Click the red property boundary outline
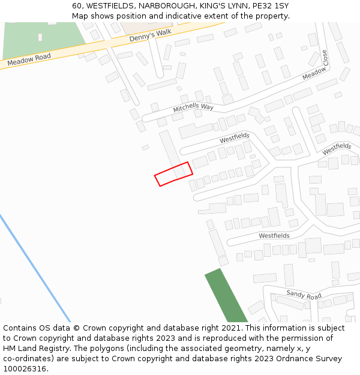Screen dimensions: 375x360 [173, 173]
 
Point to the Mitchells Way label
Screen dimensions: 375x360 [193, 107]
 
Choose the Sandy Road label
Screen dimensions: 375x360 [304, 295]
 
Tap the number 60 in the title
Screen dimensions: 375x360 [77, 6]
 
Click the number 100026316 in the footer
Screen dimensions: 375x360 [25, 369]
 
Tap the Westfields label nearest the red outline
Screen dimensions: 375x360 [234, 138]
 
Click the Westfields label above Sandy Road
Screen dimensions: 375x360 [274, 236]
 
